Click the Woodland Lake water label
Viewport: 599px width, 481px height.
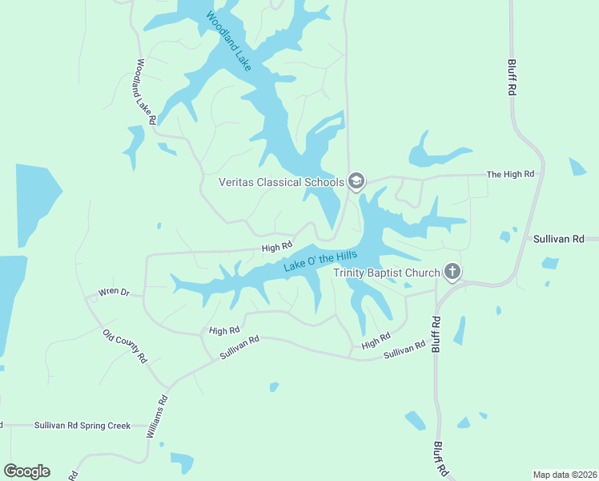click(x=228, y=42)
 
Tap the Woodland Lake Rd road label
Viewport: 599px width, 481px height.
click(x=145, y=91)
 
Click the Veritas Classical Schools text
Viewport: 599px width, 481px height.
click(x=281, y=182)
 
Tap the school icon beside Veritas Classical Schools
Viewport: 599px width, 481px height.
click(x=356, y=182)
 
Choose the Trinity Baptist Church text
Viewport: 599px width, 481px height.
click(x=387, y=273)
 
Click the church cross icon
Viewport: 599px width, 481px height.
click(x=452, y=273)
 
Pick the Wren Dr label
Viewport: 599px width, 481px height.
click(x=113, y=292)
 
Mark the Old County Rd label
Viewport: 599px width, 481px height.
click(x=126, y=347)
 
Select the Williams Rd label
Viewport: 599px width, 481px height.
click(x=156, y=416)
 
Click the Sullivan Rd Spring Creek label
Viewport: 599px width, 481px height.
click(x=82, y=426)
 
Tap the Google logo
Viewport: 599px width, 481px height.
click(x=26, y=471)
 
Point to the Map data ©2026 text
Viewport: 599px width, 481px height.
click(x=564, y=473)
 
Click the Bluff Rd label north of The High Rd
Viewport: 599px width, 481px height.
click(x=512, y=78)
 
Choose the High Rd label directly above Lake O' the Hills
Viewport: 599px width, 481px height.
click(x=277, y=248)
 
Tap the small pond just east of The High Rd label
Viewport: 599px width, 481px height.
click(x=577, y=167)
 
